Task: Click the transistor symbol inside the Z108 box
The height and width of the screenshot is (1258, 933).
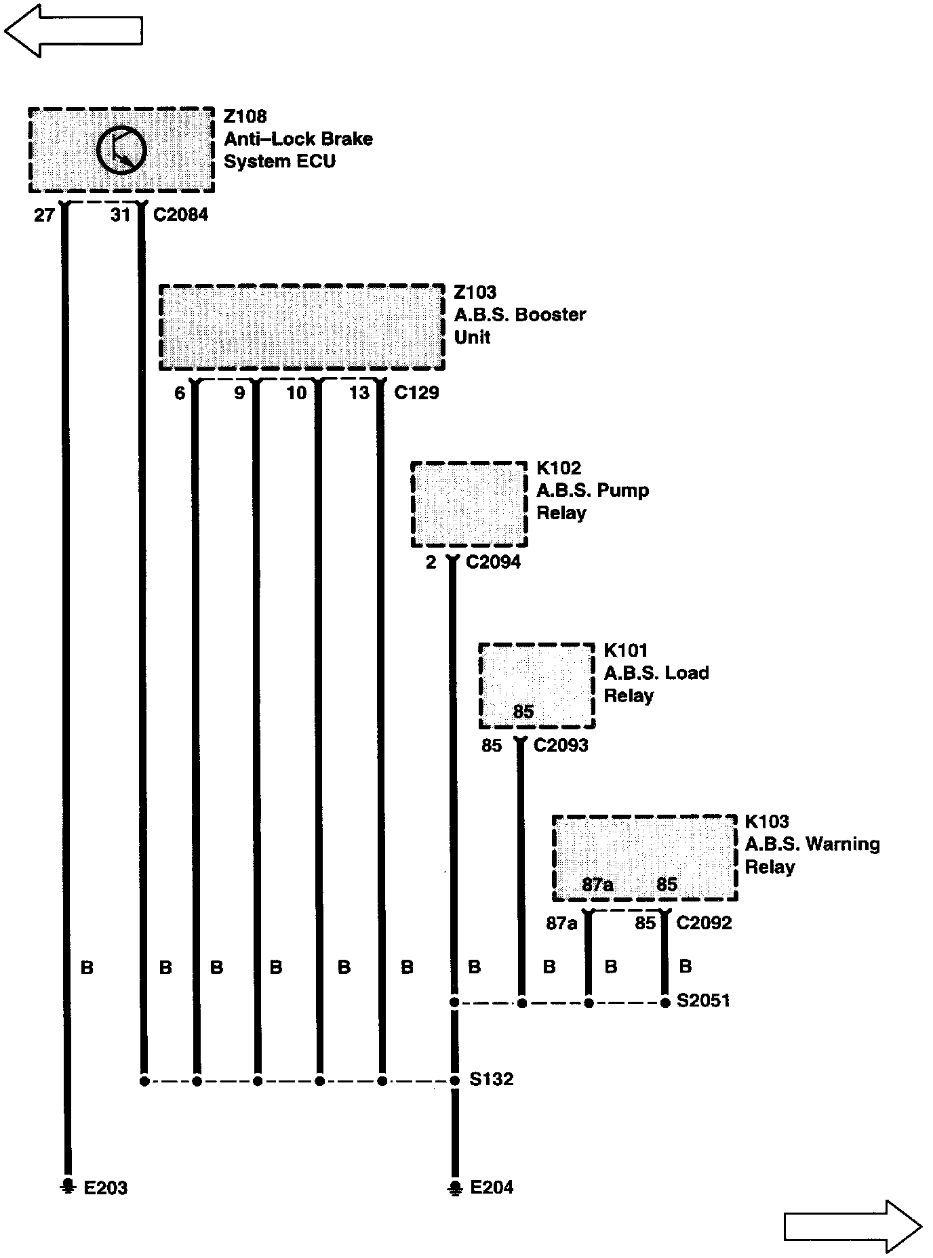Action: click(121, 150)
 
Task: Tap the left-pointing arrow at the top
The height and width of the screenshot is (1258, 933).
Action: click(73, 30)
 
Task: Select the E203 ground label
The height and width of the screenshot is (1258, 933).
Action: click(105, 1188)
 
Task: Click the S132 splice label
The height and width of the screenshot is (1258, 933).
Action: click(491, 1079)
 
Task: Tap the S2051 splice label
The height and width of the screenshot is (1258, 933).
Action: click(703, 1001)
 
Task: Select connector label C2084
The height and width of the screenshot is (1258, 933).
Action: click(180, 215)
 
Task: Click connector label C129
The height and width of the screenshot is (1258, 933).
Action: click(416, 392)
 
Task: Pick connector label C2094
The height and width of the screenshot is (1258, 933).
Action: click(493, 562)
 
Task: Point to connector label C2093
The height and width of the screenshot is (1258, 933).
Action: click(561, 745)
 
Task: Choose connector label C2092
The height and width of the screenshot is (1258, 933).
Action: click(704, 922)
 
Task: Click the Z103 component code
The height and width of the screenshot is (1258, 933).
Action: click(475, 292)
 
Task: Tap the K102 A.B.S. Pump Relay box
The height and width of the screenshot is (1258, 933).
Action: click(469, 504)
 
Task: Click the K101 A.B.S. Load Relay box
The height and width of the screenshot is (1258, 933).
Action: click(537, 686)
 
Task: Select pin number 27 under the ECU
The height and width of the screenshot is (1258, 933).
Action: click(44, 215)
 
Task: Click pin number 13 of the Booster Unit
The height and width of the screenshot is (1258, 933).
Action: click(359, 392)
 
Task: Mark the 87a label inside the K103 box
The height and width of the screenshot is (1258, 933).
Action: click(597, 885)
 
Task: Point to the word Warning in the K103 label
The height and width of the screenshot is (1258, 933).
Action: click(844, 844)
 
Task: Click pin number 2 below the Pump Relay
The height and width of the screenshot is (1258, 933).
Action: click(431, 562)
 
